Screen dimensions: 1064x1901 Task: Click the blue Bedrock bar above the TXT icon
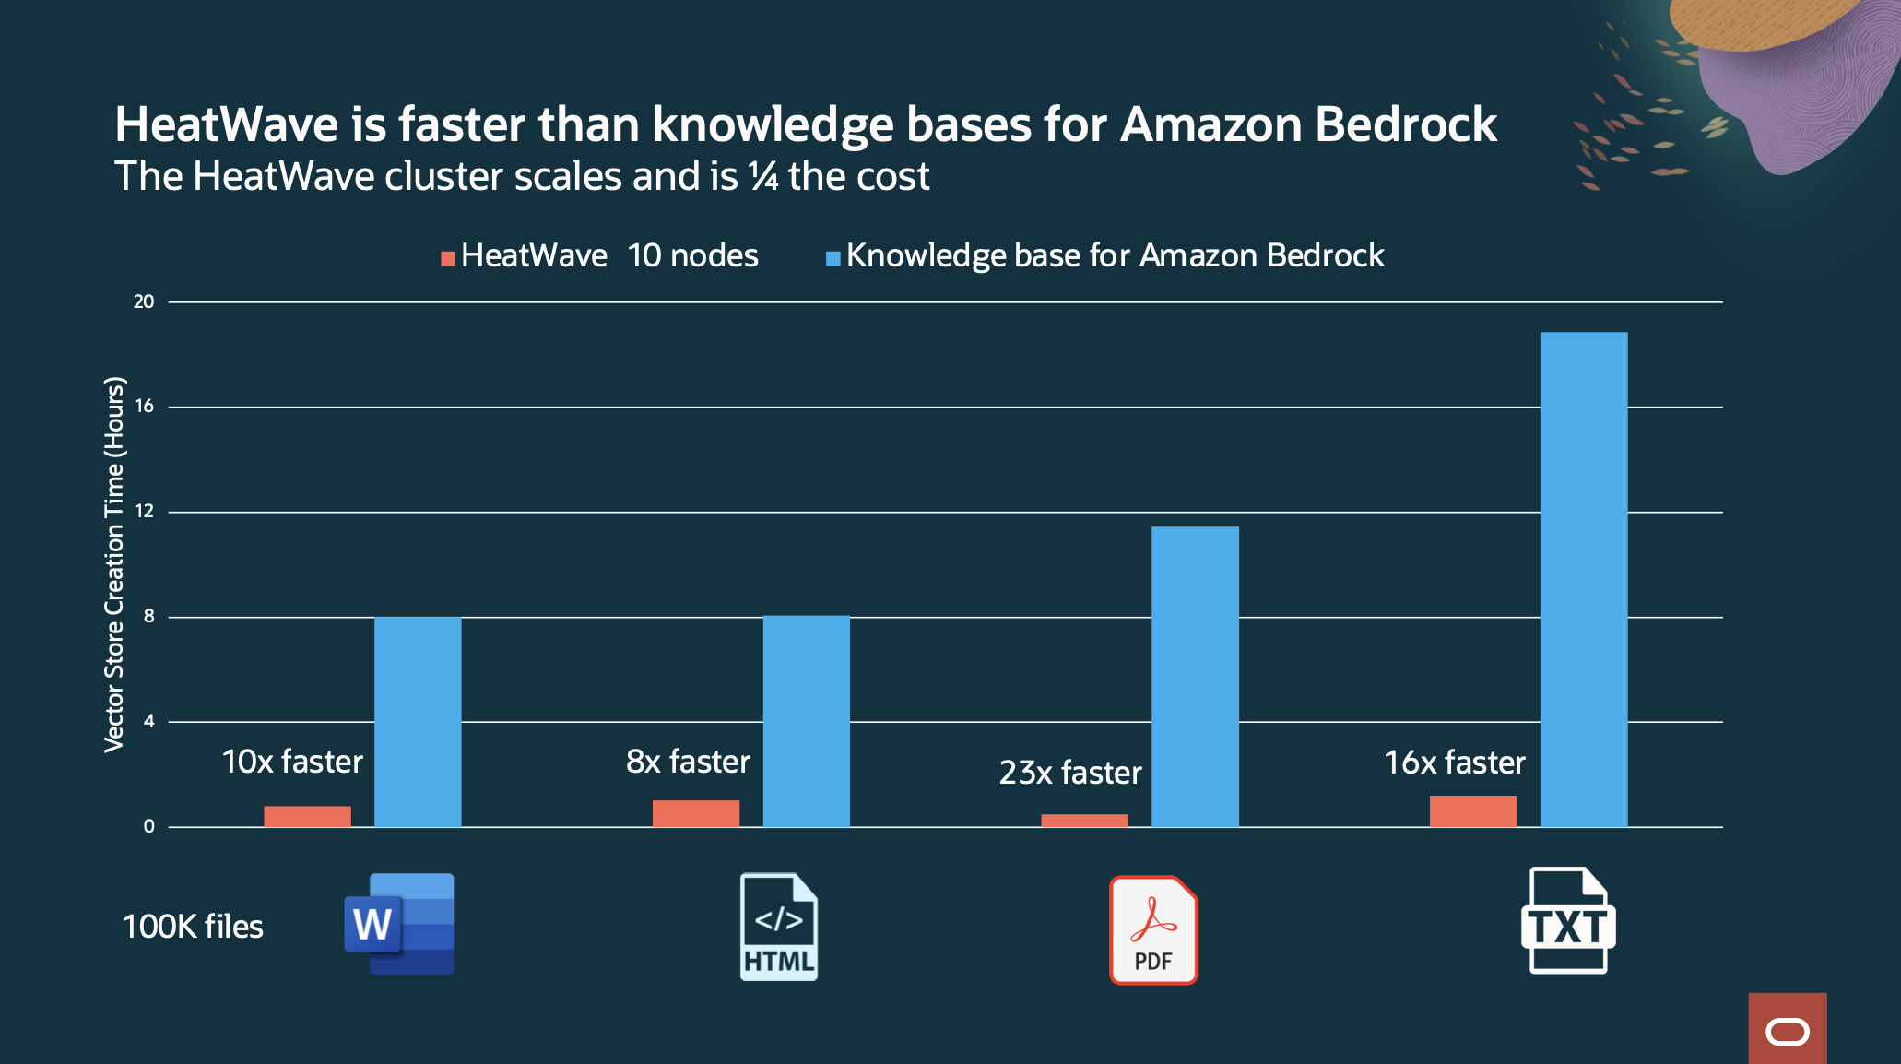coord(1583,579)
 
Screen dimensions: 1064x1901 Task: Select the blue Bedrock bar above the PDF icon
coord(1195,677)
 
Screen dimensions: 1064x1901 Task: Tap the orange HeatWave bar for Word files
coord(307,816)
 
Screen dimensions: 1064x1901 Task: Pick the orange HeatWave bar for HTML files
coord(695,813)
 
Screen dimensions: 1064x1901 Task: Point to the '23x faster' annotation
coord(1070,773)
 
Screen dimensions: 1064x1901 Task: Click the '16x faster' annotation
coord(1455,763)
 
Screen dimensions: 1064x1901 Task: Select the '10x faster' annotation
coord(292,762)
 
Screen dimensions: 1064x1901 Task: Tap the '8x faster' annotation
coord(688,762)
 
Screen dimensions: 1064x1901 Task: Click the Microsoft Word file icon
coord(399,924)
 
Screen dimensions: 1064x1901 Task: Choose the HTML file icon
coord(779,927)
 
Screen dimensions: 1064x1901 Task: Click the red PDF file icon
coord(1153,929)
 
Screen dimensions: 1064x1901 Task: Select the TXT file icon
coord(1568,920)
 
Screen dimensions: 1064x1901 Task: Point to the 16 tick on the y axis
coord(144,406)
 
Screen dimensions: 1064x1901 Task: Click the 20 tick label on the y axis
coord(144,301)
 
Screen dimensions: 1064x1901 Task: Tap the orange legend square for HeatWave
coord(448,258)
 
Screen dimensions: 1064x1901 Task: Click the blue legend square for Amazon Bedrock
coord(832,258)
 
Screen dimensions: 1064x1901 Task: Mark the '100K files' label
coord(193,927)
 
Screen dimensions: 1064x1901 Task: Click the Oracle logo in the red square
coord(1787,1032)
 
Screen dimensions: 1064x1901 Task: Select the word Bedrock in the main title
coord(1406,124)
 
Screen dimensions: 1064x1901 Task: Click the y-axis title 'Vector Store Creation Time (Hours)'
coord(113,564)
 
